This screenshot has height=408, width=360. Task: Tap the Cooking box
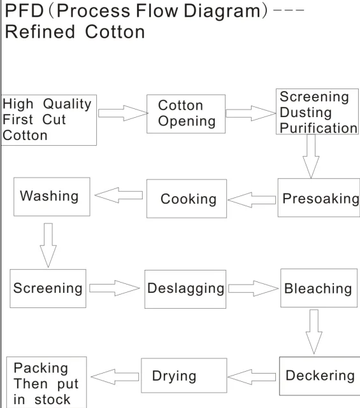point(187,199)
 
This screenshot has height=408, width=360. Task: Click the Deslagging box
point(185,288)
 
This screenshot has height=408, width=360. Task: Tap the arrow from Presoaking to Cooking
point(251,199)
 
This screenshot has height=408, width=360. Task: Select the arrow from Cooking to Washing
point(120,197)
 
